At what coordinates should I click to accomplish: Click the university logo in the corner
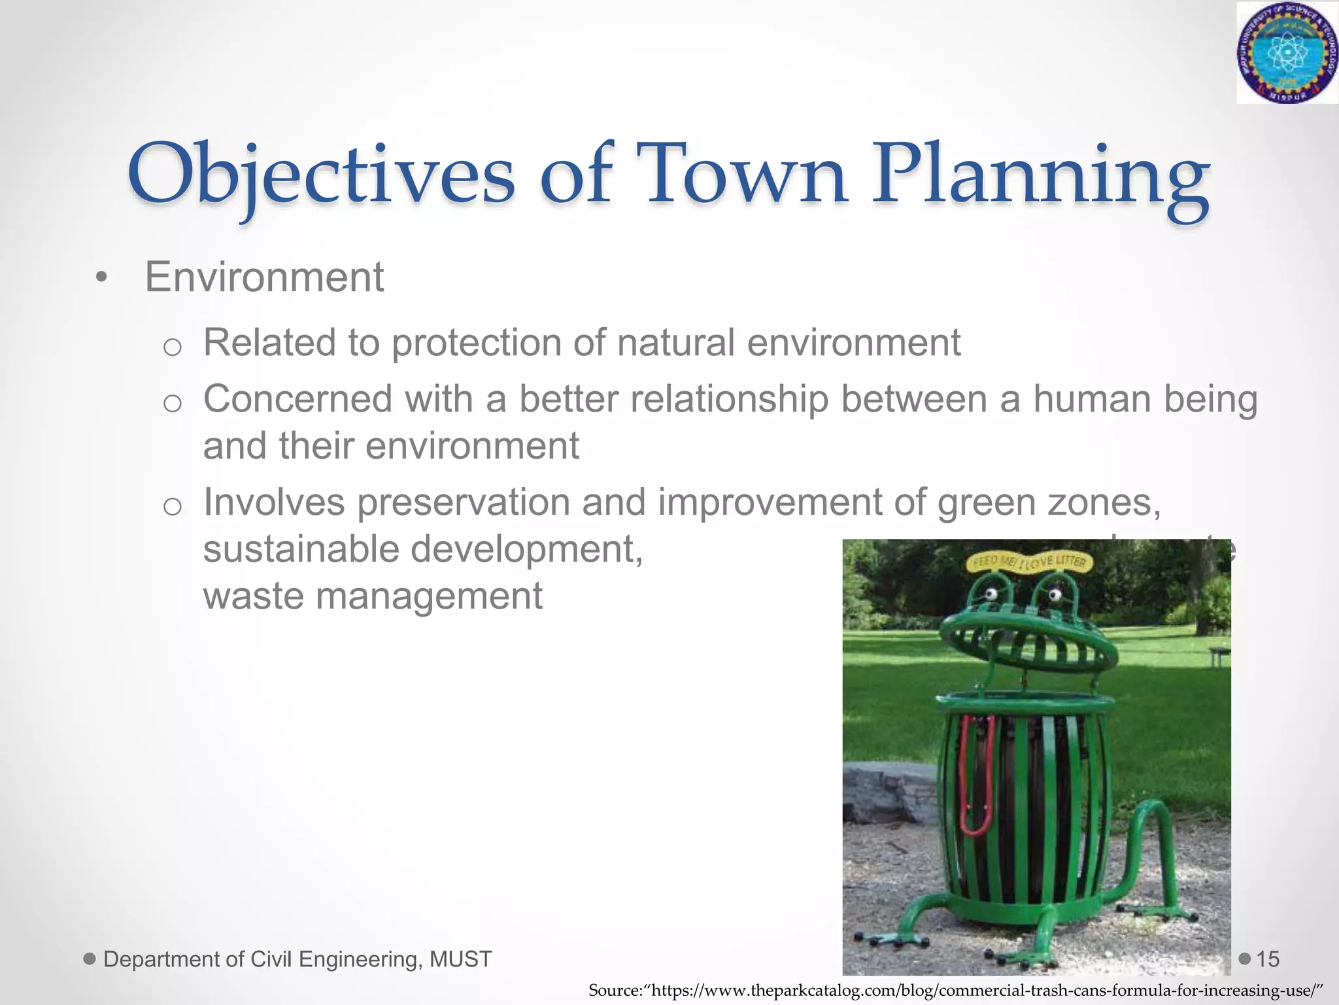1286,52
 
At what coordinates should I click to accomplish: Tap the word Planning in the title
1040,177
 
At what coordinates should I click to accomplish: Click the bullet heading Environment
264,277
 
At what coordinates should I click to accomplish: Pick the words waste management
373,597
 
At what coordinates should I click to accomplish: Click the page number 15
1267,959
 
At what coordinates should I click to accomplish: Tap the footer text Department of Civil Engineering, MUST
297,959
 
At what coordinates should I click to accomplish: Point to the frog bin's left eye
991,594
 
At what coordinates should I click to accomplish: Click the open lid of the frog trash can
1026,644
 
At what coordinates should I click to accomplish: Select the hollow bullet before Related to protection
172,347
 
